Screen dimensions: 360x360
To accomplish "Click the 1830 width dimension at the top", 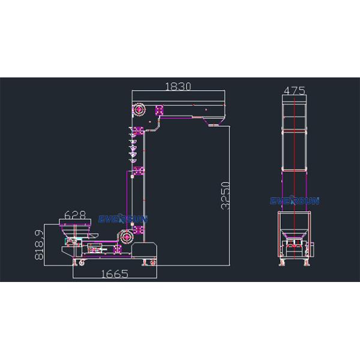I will click(178, 86).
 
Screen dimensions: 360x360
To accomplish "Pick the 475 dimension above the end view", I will click(295, 91).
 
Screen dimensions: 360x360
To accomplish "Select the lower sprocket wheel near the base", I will click(127, 237).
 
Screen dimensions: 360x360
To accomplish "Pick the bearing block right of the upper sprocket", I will click(160, 110).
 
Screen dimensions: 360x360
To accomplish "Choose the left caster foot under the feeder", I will click(75, 262).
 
